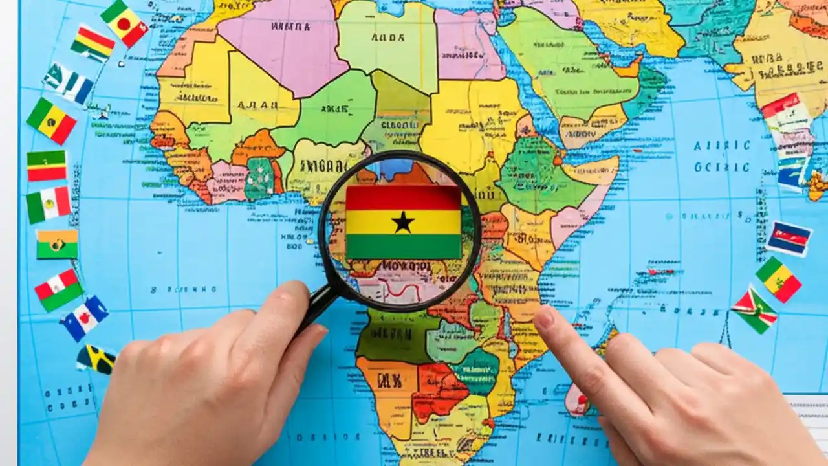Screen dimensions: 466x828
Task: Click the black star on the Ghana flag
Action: tap(403, 222)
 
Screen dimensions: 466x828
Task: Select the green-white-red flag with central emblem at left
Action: tap(49, 205)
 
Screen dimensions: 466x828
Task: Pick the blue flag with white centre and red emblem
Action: tap(85, 318)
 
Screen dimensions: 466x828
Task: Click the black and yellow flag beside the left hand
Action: tap(96, 359)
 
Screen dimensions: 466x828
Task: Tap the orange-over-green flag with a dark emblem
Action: tap(57, 244)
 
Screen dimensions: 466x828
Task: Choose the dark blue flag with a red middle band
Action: tap(789, 238)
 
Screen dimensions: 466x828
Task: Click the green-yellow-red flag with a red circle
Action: tap(124, 23)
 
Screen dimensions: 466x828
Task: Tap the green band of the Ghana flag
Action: tap(403, 247)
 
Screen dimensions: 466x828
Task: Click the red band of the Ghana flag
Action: tap(403, 197)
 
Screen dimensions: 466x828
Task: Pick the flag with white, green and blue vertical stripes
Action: tap(69, 83)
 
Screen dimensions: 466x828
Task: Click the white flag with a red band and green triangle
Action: tap(58, 289)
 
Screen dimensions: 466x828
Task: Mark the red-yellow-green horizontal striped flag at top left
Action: tap(93, 43)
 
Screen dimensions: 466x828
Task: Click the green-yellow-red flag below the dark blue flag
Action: tap(779, 279)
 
